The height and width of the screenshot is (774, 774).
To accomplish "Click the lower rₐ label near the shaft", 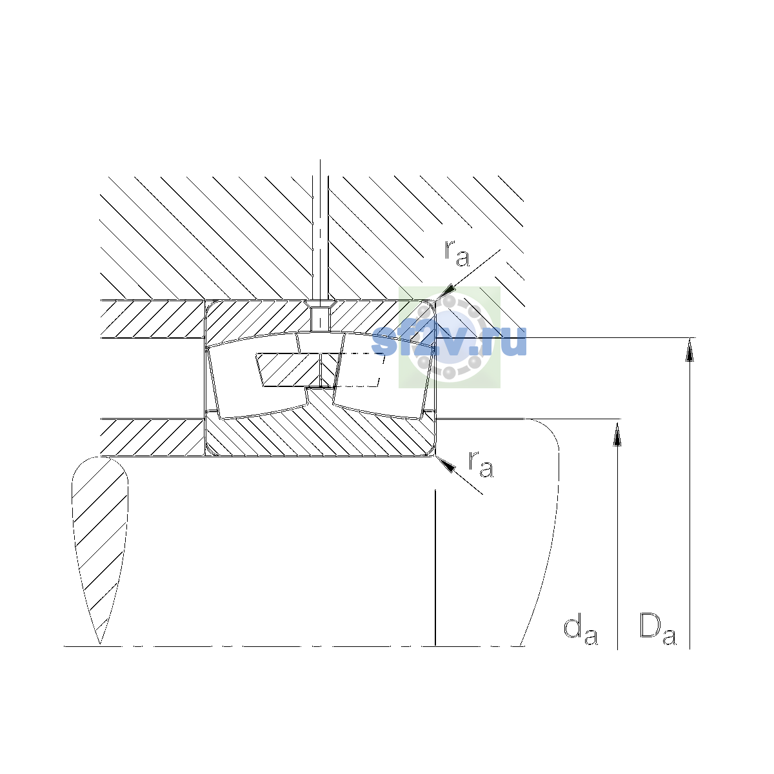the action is [x=481, y=464].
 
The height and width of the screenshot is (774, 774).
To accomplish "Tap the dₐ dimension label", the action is [x=580, y=631].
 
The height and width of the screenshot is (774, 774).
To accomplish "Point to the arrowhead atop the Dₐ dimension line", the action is [x=690, y=350].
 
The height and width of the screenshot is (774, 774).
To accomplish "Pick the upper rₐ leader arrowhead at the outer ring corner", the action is [x=446, y=292].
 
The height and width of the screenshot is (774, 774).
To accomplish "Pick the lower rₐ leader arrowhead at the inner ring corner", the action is [x=446, y=464].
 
